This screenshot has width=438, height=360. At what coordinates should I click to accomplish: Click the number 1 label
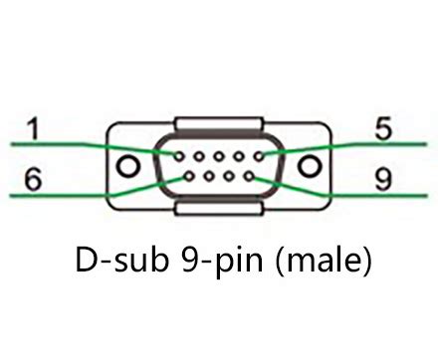(x=34, y=130)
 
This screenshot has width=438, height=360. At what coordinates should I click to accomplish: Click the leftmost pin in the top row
(x=175, y=155)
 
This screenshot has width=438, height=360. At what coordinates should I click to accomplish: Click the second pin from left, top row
(x=197, y=155)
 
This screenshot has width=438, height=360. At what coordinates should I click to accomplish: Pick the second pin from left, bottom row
(x=208, y=177)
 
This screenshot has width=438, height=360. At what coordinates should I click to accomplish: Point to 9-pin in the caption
(x=226, y=264)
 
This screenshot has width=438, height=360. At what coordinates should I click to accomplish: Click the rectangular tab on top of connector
(x=219, y=124)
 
